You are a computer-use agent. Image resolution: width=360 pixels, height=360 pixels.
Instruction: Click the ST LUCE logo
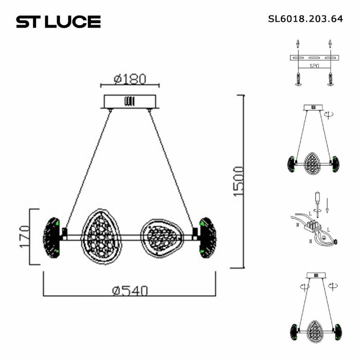click(x=58, y=22)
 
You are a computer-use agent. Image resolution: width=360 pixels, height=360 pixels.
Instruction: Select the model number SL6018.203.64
click(x=305, y=20)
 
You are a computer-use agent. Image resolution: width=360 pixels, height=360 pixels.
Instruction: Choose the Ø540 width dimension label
click(x=130, y=291)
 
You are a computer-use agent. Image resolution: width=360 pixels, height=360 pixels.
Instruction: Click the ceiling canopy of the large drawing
click(x=130, y=101)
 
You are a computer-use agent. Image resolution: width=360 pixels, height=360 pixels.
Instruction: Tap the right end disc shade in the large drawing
click(x=208, y=237)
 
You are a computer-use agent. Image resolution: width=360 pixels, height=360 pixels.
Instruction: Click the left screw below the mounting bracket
click(x=297, y=78)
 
